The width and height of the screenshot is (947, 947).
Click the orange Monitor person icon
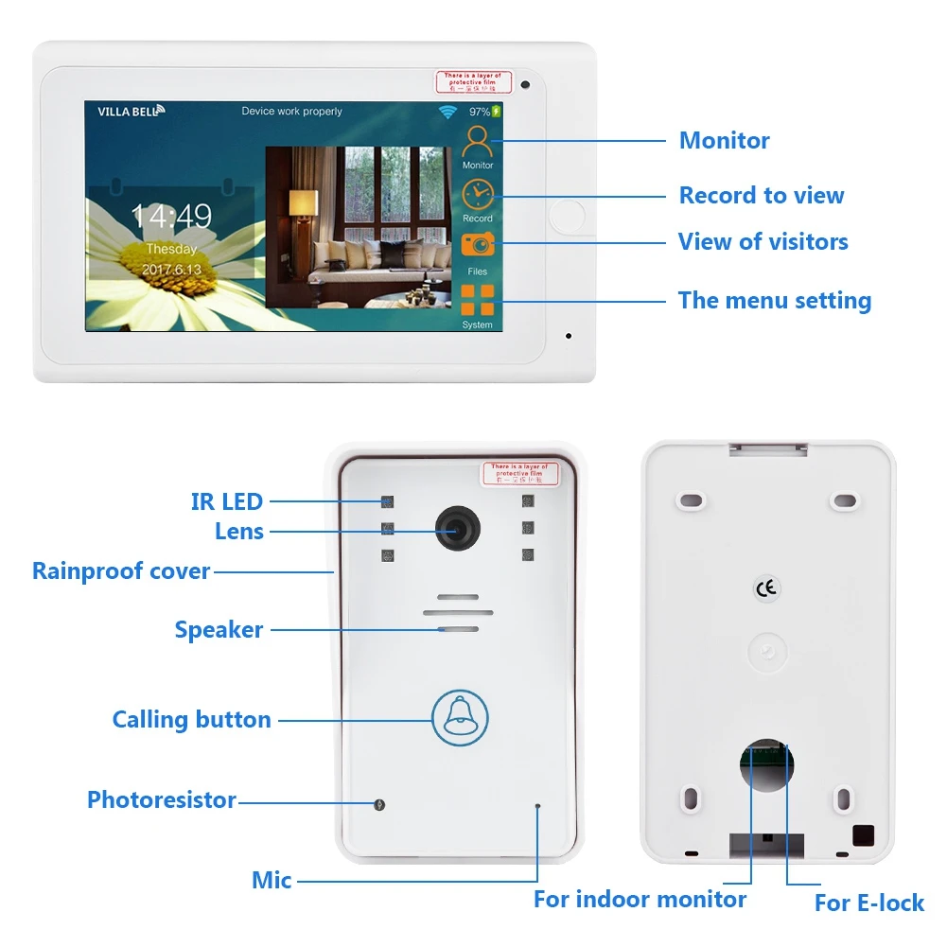click(478, 142)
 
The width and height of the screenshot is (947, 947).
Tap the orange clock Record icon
click(478, 195)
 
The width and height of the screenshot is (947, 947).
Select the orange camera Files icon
click(478, 244)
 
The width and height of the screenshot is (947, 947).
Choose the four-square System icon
click(478, 300)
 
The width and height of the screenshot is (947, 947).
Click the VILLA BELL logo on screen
click(131, 111)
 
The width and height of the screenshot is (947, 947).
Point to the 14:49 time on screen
click(170, 217)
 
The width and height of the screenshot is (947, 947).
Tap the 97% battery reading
click(481, 112)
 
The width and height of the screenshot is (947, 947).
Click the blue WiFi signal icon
click(447, 112)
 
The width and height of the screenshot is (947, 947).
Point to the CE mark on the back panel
click(766, 588)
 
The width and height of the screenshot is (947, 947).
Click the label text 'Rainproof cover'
click(121, 571)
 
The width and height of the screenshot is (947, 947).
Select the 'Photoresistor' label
click(162, 800)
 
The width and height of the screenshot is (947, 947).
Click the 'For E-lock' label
click(868, 903)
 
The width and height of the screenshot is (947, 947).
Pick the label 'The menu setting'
click(774, 301)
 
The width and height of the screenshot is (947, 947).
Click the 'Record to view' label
click(762, 196)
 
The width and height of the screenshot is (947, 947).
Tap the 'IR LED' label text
click(227, 501)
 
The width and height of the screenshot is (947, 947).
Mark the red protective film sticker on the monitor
click(473, 81)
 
